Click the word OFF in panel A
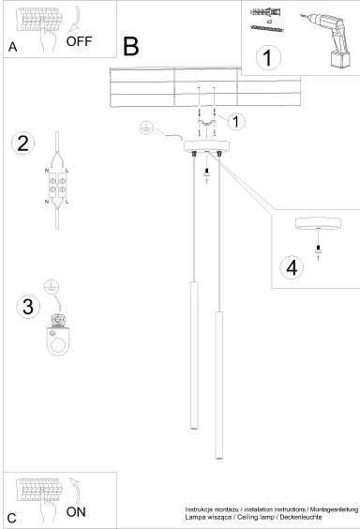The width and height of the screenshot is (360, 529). tap(80, 42)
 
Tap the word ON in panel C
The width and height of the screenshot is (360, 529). tap(77, 512)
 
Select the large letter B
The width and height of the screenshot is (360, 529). tap(131, 45)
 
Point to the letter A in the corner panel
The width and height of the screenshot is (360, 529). tap(12, 46)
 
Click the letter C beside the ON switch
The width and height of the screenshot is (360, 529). tap(11, 518)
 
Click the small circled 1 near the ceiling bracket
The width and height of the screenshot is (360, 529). tap(237, 121)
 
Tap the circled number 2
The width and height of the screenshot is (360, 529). tap(23, 144)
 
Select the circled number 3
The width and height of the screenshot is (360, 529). tap(28, 306)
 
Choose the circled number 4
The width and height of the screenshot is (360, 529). tap(292, 267)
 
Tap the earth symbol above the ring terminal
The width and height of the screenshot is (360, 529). tap(53, 287)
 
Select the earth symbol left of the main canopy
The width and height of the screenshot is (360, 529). tap(145, 128)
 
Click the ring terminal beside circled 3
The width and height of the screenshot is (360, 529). tap(59, 337)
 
